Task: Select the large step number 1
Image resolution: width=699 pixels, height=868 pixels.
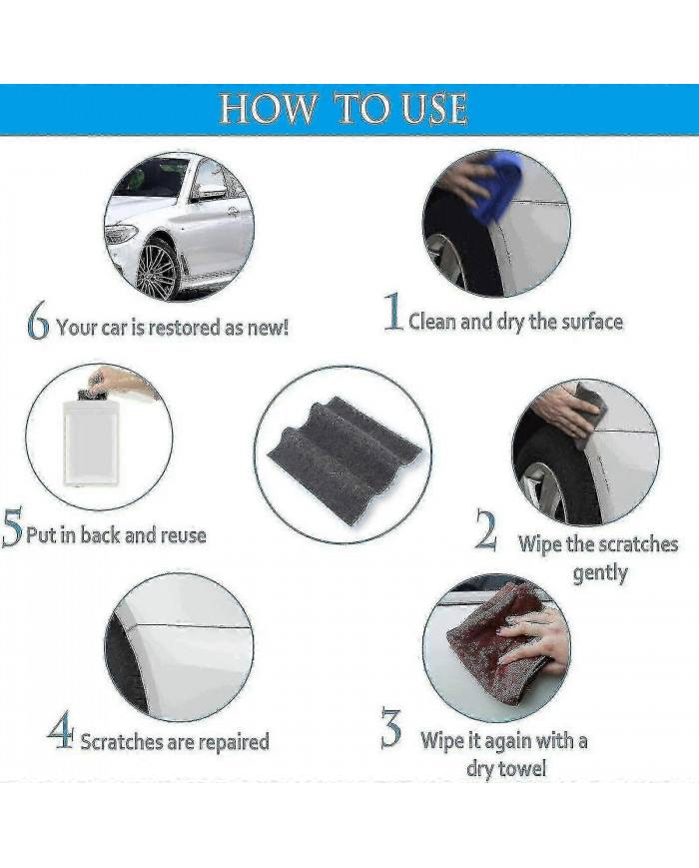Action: (x=394, y=314)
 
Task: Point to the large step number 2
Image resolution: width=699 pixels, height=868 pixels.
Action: (x=486, y=531)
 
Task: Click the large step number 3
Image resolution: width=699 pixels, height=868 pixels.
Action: (x=390, y=728)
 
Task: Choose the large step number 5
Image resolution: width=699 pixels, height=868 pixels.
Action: (x=12, y=530)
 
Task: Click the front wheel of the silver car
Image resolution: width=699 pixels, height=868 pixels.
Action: (x=157, y=268)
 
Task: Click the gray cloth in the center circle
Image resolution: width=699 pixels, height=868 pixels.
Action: (x=342, y=456)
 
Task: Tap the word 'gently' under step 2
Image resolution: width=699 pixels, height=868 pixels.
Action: (x=599, y=574)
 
